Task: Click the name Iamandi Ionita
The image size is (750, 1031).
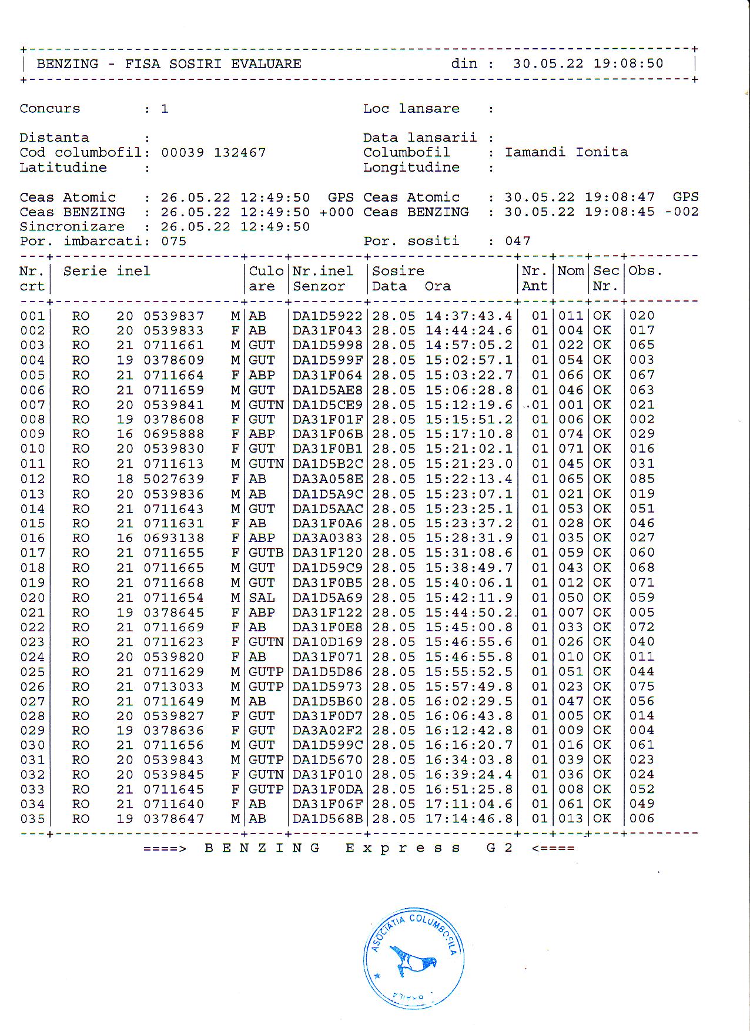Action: (x=566, y=152)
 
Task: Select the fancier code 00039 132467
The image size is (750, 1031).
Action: (x=213, y=153)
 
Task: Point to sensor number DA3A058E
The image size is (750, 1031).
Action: (x=327, y=479)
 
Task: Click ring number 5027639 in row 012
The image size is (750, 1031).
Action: (x=174, y=479)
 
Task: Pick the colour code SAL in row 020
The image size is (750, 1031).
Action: (x=262, y=598)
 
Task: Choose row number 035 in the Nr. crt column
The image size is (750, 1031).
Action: (x=32, y=819)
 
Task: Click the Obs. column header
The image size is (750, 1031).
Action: (x=645, y=271)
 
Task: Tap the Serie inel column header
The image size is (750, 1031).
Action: (x=106, y=271)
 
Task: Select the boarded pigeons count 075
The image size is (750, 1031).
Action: (x=173, y=241)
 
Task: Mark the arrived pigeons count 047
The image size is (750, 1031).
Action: (x=517, y=241)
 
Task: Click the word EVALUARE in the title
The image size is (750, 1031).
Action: (x=266, y=64)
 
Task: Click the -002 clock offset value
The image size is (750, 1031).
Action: (x=682, y=212)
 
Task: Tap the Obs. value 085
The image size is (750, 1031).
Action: (x=642, y=479)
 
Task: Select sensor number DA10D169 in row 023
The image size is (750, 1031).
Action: (x=327, y=642)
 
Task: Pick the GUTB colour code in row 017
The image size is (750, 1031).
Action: (x=266, y=553)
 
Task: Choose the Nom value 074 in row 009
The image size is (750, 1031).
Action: (x=570, y=434)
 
